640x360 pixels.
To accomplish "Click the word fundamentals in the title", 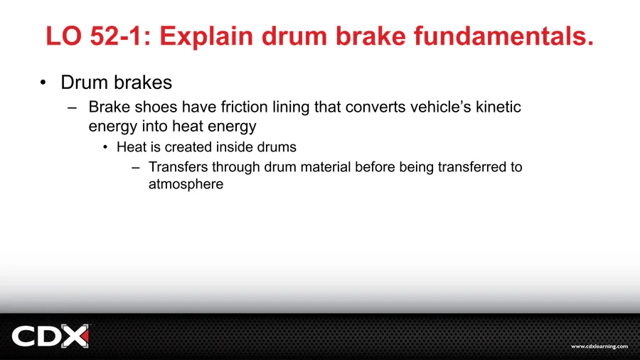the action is coord(503,36).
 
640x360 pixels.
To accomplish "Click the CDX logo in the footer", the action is coord(50,336).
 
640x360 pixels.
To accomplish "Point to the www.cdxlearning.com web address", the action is coord(599,346).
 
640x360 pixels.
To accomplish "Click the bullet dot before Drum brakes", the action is coord(43,83).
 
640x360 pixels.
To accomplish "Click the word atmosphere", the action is coord(186,184).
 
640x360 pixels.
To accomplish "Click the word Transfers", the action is coord(178,167).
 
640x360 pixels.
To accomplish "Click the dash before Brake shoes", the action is coord(73,108).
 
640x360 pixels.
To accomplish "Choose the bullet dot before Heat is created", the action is coord(105,147).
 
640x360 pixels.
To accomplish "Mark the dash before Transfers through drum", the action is coord(136,167).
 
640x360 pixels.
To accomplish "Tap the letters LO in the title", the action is coord(65,36).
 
